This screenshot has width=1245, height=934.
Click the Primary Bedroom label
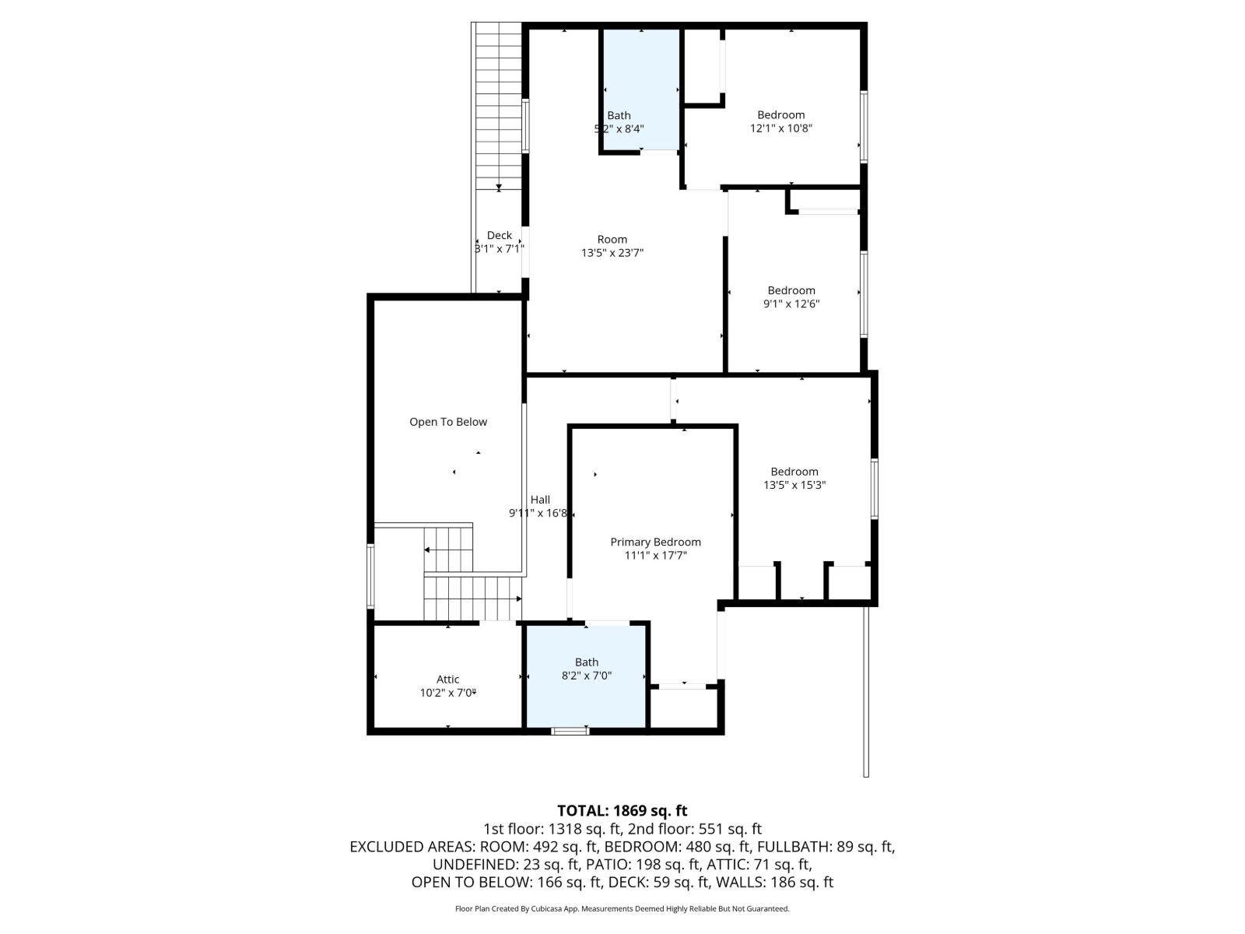655,542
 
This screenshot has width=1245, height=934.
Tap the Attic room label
447,679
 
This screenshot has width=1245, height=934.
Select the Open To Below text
448,422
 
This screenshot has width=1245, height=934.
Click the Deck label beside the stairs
500,235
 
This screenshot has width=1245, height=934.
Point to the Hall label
540,500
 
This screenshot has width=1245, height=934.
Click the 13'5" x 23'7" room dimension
612,253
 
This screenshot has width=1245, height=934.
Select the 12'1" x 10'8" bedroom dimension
781,128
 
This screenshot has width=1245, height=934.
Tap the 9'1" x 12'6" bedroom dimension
791,304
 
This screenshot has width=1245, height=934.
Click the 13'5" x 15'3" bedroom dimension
794,485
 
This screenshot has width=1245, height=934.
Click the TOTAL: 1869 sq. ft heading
622,811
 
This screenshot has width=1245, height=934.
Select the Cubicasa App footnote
622,908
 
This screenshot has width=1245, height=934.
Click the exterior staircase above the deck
499,101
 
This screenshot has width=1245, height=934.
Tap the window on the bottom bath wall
570,731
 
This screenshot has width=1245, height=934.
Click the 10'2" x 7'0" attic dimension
447,693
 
